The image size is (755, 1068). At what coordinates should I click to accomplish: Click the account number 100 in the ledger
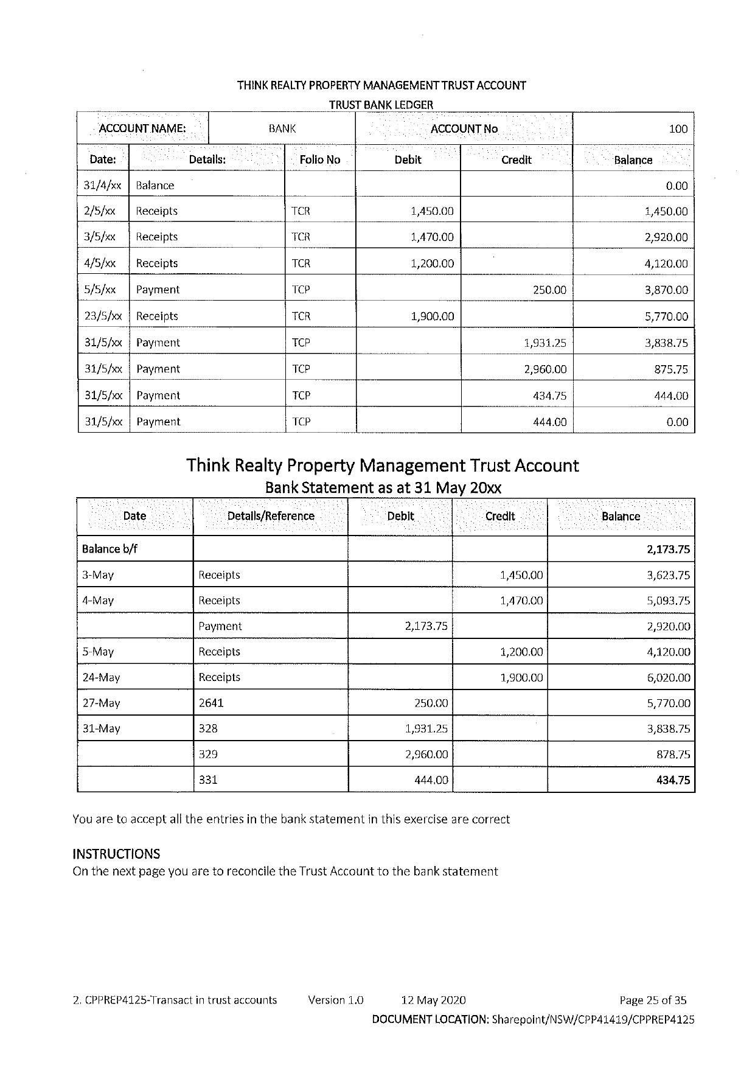pyautogui.click(x=678, y=129)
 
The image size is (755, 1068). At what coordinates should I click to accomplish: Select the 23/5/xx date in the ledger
pyautogui.click(x=103, y=316)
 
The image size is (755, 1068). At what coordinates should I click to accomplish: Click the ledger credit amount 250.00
pyautogui.click(x=549, y=290)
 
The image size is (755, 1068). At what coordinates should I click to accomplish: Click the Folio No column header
pyautogui.click(x=320, y=160)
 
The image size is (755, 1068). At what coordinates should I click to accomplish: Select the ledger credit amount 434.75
pyautogui.click(x=549, y=396)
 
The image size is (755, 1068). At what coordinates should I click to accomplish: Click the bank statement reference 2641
pyautogui.click(x=211, y=703)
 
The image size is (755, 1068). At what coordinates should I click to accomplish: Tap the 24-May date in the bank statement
pyautogui.click(x=101, y=677)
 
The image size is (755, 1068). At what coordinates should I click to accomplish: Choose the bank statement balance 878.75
pyautogui.click(x=673, y=755)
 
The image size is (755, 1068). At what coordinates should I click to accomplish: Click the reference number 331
pyautogui.click(x=208, y=780)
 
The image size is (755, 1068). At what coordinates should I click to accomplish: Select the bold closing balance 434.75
pyautogui.click(x=673, y=780)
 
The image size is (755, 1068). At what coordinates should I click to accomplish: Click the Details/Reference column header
pyautogui.click(x=271, y=517)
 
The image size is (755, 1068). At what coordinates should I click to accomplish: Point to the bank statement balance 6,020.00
pyautogui.click(x=668, y=677)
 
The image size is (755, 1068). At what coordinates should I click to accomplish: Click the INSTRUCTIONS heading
pyautogui.click(x=116, y=854)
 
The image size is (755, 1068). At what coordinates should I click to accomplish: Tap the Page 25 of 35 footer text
pyautogui.click(x=653, y=1000)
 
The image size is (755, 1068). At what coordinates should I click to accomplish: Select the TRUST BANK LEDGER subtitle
pyautogui.click(x=381, y=105)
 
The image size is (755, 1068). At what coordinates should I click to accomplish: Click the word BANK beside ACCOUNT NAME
pyautogui.click(x=282, y=129)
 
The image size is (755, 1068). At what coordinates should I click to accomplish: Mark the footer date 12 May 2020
pyautogui.click(x=433, y=1000)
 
